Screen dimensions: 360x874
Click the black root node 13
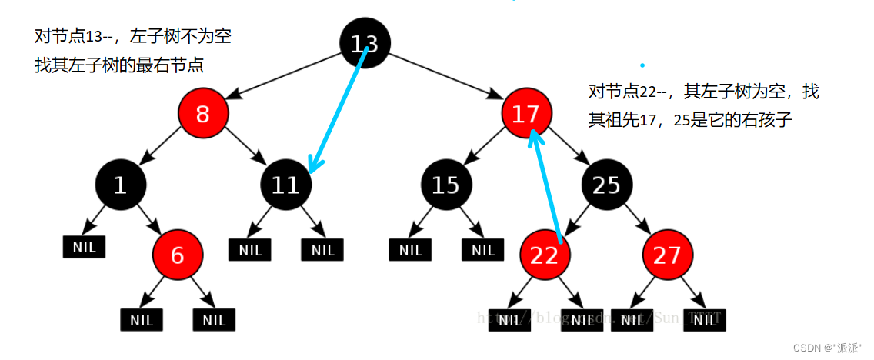[x=365, y=42]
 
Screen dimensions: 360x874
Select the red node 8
[x=203, y=115]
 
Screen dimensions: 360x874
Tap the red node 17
[x=526, y=115]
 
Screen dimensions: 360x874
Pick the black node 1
[x=120, y=185]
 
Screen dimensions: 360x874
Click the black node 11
[x=285, y=185]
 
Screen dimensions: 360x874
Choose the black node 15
[x=445, y=185]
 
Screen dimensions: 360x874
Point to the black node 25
[x=606, y=185]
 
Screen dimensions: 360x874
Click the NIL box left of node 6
[x=84, y=248]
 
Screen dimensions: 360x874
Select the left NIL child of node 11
[x=250, y=250]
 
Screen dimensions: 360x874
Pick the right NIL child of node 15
[x=483, y=250]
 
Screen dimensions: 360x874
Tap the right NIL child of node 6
[x=214, y=320]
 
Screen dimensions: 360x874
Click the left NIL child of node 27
[x=632, y=320]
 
